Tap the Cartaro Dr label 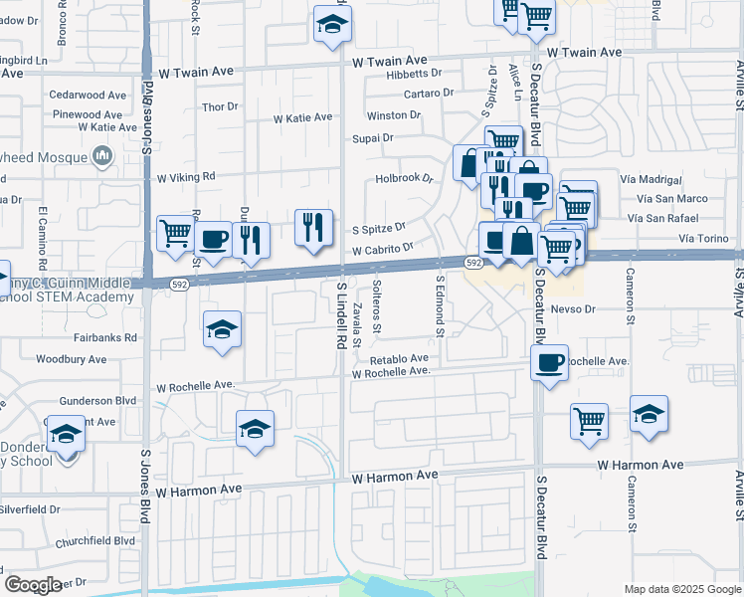(429, 94)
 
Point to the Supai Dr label (374, 138)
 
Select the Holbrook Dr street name (406, 179)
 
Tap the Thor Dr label (220, 106)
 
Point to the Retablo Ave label (399, 358)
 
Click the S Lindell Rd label (341, 313)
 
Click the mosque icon (102, 155)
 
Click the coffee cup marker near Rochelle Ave (549, 363)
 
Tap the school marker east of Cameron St (649, 414)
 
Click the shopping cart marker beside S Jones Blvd (176, 234)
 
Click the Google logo (34, 585)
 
